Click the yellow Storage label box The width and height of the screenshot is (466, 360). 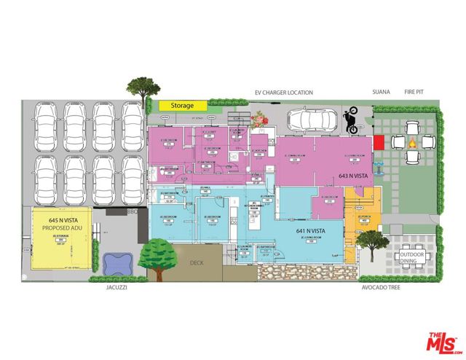click(183, 106)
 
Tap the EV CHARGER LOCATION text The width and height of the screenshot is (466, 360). click(283, 93)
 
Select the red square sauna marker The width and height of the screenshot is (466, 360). click(379, 141)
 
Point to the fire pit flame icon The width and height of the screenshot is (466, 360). click(412, 143)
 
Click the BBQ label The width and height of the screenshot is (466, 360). click(133, 212)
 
